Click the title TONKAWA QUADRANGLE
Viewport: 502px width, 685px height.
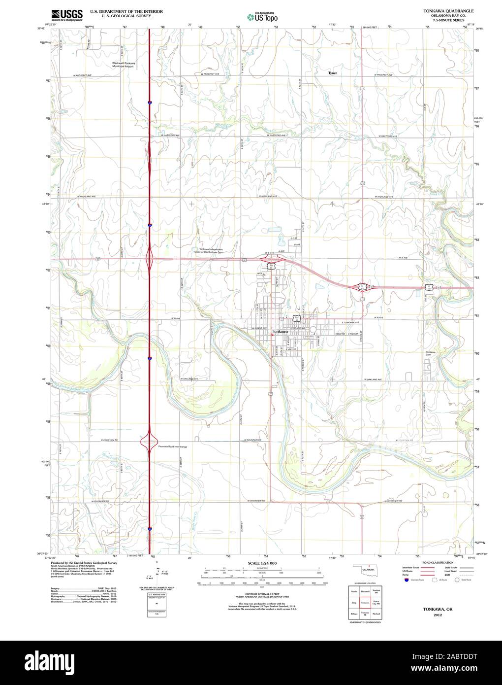(448, 10)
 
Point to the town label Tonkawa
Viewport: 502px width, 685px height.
(281, 332)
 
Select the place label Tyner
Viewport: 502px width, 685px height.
(334, 72)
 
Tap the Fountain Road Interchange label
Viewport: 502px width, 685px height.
(173, 447)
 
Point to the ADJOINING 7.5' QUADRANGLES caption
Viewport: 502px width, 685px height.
(364, 623)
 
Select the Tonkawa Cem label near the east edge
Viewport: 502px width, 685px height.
(431, 353)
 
